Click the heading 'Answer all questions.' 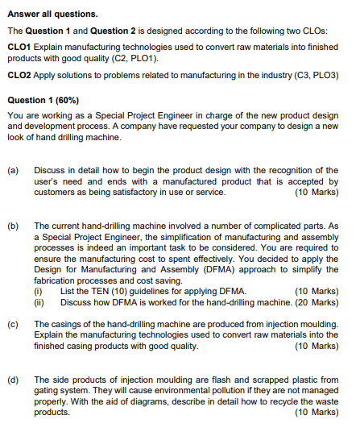coord(52,14)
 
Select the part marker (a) coord(13,171)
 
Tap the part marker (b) coord(13,226)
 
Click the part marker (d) coord(13,379)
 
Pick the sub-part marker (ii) coord(39,302)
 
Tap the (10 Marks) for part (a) coord(317,193)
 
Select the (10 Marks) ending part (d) coord(317,412)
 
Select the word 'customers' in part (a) coord(55,193)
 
